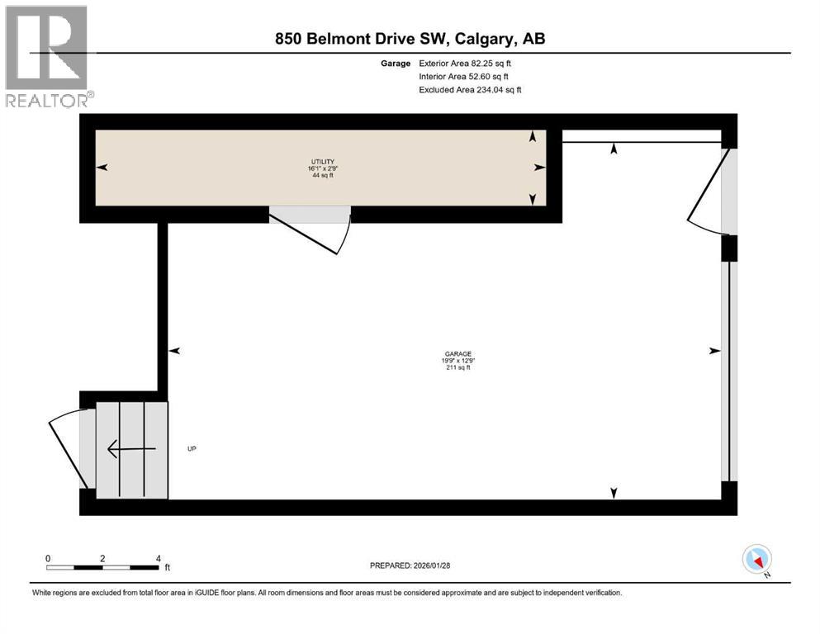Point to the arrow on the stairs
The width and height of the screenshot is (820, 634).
pos(131,449)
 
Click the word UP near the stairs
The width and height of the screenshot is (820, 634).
pos(192,449)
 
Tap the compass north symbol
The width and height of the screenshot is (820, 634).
pos(756,560)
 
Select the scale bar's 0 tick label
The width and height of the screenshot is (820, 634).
pos(48,558)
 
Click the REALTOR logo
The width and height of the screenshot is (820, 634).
pos(48,57)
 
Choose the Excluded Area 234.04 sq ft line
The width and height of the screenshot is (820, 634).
pos(470,89)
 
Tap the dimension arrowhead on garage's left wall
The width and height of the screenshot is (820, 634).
pos(174,351)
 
